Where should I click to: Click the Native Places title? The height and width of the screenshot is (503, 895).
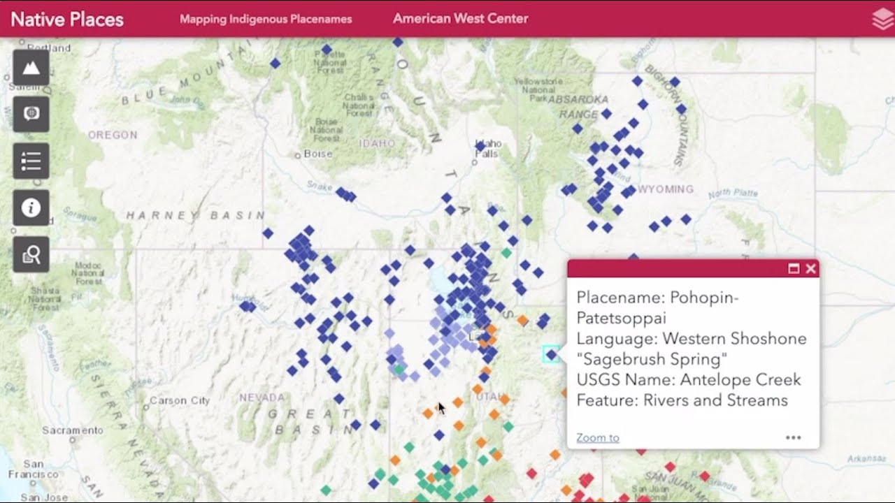(67, 19)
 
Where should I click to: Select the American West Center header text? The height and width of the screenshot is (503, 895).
(460, 19)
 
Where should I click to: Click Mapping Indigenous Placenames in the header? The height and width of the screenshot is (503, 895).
(266, 19)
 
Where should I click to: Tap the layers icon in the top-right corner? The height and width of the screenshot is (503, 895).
(882, 20)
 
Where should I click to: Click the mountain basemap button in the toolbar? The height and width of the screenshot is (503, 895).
(31, 68)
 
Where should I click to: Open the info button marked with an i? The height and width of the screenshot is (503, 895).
(31, 207)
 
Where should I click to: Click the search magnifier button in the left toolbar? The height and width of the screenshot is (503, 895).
(31, 254)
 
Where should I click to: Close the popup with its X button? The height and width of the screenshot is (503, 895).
(810, 269)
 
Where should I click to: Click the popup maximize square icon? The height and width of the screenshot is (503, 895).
(794, 269)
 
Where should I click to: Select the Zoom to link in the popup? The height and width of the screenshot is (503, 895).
(597, 438)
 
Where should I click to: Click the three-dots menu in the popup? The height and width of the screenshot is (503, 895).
(793, 438)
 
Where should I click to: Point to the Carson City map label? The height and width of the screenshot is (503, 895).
(179, 400)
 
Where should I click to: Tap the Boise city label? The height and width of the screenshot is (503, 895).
(317, 154)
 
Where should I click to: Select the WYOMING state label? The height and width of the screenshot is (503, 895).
(666, 189)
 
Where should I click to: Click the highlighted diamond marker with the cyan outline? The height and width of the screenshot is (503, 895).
(551, 355)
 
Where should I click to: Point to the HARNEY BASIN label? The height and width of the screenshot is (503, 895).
(195, 216)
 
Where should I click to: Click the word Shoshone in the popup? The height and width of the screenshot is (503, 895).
(774, 339)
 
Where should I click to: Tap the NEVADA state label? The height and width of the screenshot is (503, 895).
(262, 398)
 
